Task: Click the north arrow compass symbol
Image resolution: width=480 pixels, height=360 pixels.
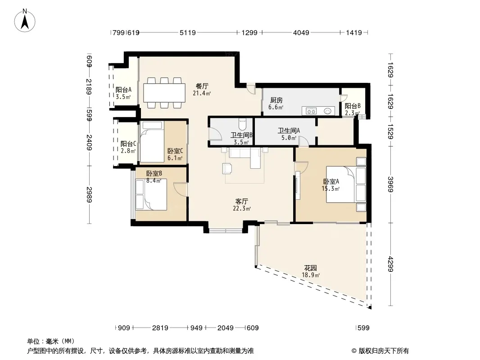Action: [x=25, y=21]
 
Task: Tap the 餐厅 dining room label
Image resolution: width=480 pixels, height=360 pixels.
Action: [x=202, y=86]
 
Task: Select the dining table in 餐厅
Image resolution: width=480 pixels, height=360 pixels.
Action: [x=164, y=93]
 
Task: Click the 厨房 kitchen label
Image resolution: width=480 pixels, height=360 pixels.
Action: [x=276, y=100]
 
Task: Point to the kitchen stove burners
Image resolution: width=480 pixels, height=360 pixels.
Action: [x=311, y=111]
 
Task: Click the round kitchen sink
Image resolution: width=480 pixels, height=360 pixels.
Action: [x=327, y=111]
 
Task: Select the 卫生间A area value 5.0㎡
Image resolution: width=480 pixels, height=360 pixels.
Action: [x=289, y=138]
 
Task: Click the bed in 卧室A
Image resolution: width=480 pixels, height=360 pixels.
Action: [x=346, y=184]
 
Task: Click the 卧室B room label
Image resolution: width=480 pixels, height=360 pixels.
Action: [x=154, y=173]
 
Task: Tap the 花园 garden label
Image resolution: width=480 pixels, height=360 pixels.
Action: [x=310, y=268]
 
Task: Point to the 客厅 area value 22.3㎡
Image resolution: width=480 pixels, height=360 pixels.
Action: [x=242, y=209]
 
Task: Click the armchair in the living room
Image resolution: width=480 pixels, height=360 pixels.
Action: [x=227, y=169]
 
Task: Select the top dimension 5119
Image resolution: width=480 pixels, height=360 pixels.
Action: [x=187, y=32]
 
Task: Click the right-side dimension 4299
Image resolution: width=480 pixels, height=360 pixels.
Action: [x=390, y=264]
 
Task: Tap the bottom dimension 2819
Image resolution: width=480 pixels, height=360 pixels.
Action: [x=160, y=328]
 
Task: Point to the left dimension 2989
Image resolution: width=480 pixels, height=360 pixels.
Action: [x=89, y=194]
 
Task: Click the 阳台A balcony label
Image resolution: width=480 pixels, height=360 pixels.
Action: [x=123, y=90]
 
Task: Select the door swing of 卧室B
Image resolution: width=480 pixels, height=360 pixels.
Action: [x=181, y=189]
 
